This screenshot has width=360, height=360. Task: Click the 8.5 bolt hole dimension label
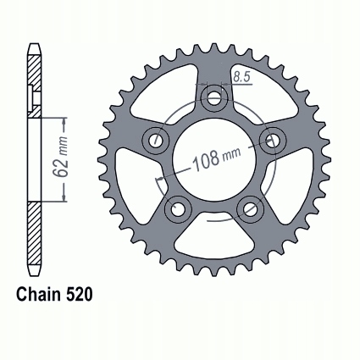pos(242,77)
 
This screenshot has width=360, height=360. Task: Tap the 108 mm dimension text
pos(217,158)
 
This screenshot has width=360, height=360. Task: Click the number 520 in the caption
pos(80,295)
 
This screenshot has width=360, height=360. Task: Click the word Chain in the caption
pos(39,295)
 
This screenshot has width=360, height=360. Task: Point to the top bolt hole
pos(214,97)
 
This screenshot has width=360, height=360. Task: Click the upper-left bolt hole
pos(155,140)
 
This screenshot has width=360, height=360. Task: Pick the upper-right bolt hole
pos(273,140)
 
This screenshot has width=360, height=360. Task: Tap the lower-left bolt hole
pos(178,209)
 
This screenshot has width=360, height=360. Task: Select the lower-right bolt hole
pos(250,209)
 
